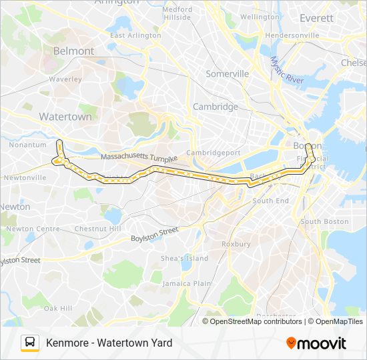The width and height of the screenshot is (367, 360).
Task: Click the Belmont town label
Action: (x=73, y=51)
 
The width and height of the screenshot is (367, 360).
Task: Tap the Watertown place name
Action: (x=65, y=117)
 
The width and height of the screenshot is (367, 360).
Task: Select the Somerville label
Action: (x=227, y=74)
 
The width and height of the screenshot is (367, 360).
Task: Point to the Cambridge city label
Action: (x=215, y=107)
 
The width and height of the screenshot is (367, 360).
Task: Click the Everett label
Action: (x=316, y=18)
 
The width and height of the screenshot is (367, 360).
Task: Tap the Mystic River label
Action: (x=287, y=71)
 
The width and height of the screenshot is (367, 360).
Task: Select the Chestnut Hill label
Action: (x=99, y=229)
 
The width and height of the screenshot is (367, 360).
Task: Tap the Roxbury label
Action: (x=236, y=244)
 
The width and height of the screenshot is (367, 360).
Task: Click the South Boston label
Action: (x=324, y=221)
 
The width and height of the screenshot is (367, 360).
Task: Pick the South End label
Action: (x=270, y=201)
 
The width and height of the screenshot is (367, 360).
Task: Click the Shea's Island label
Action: (x=184, y=259)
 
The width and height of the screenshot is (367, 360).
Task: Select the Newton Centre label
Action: (x=39, y=229)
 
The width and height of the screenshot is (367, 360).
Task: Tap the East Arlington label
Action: (x=135, y=35)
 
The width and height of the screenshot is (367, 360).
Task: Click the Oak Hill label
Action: (x=57, y=309)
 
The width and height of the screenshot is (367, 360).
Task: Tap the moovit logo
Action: (x=316, y=343)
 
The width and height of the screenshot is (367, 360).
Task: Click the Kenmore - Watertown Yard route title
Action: (x=109, y=343)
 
